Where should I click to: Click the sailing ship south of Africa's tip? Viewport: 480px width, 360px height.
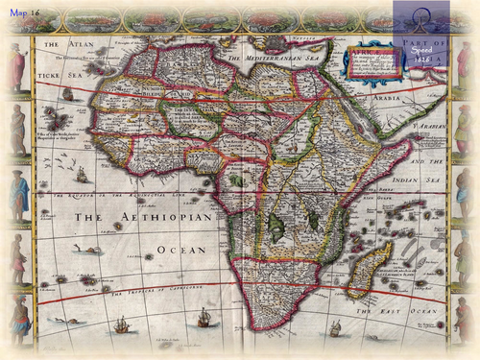(204, 319)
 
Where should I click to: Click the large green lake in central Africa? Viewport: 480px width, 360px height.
(278, 226)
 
